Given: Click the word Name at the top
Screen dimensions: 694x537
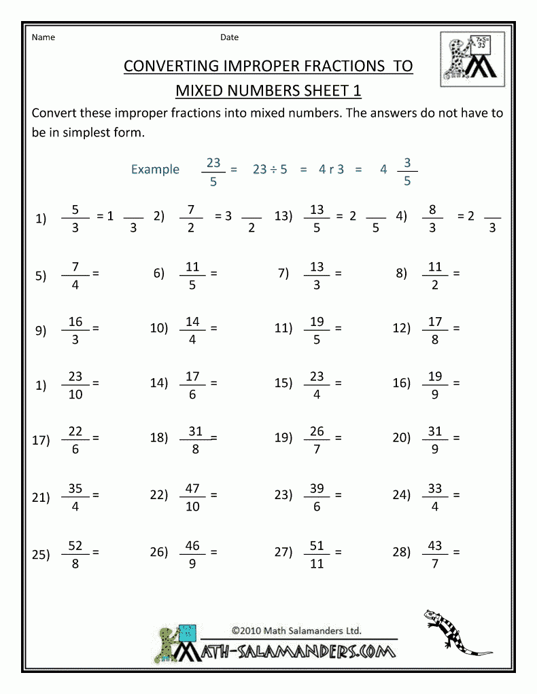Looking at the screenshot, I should click(x=43, y=37).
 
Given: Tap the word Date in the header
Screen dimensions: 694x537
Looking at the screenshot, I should click(x=229, y=37).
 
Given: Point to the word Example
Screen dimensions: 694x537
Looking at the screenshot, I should click(x=155, y=170).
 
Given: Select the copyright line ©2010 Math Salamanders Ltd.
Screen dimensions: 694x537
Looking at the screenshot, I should click(x=296, y=630).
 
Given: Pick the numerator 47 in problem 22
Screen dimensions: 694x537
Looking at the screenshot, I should click(x=192, y=489).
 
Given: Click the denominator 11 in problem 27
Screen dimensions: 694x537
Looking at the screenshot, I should click(x=317, y=564).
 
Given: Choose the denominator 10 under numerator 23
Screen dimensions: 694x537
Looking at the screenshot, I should click(x=75, y=395).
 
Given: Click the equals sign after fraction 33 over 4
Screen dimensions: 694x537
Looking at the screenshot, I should click(x=456, y=496).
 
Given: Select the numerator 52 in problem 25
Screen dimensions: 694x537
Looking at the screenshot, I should click(x=75, y=545).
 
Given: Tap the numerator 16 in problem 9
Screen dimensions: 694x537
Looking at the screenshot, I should click(x=75, y=321).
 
